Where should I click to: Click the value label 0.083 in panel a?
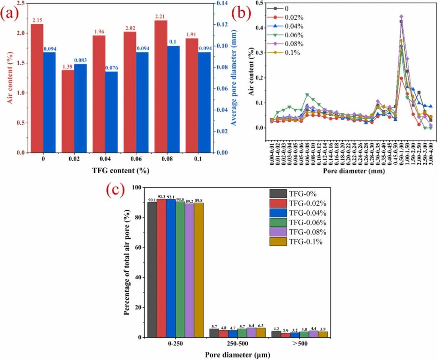80,60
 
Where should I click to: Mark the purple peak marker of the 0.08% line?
401,17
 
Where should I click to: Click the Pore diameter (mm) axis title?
354,171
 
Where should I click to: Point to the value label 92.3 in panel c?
161,197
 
